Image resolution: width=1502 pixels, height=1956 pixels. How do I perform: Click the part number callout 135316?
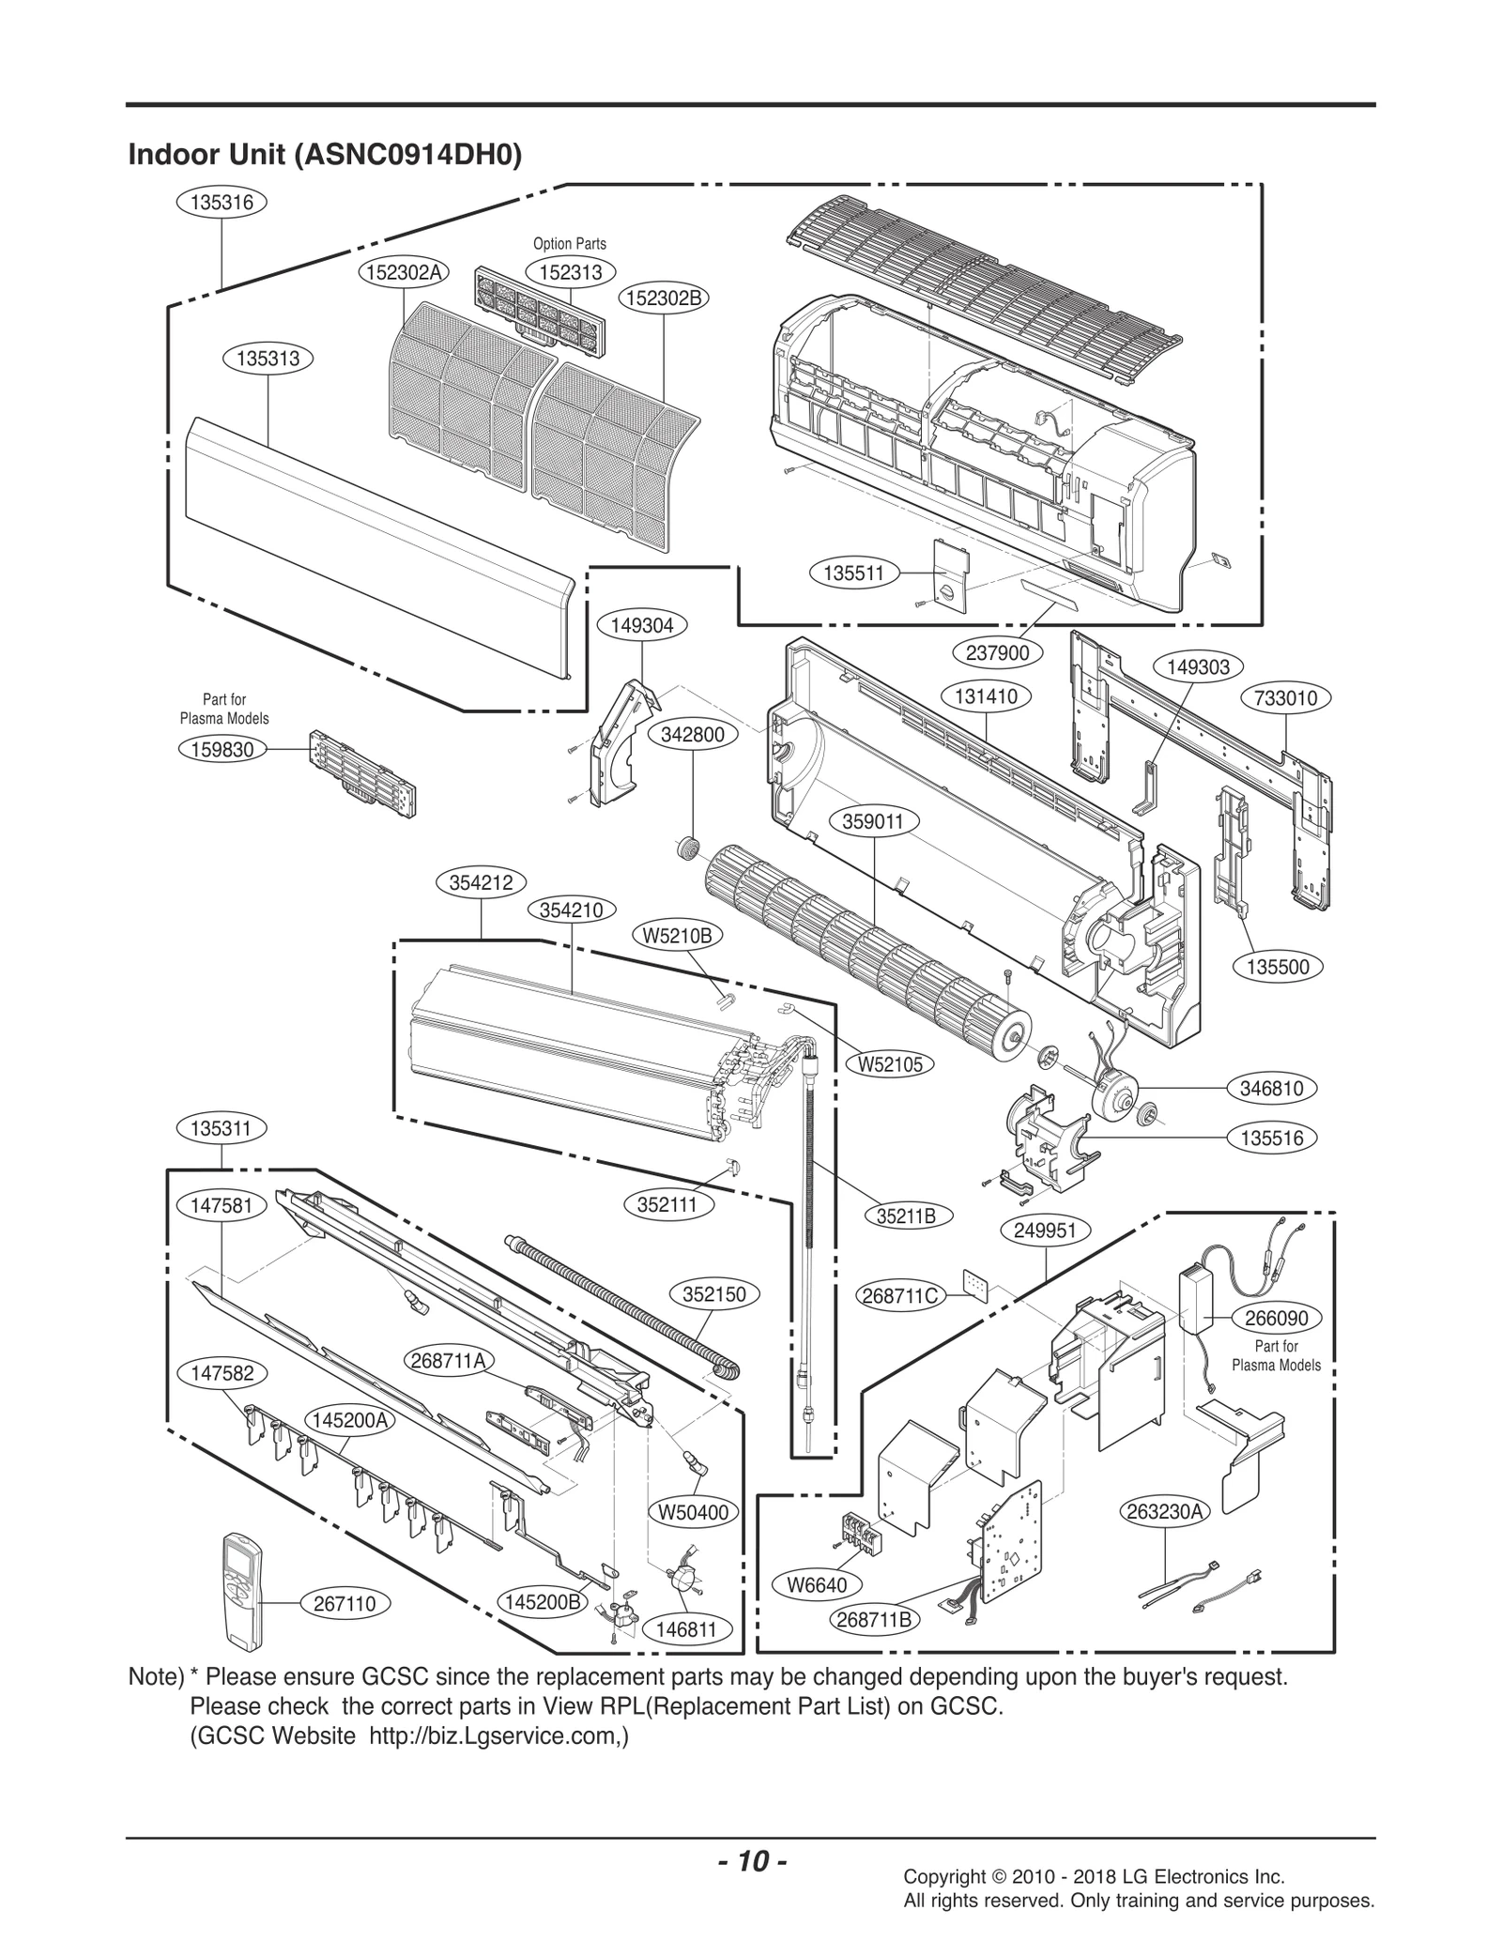[x=222, y=202]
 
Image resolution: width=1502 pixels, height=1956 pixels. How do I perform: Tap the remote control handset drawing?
[x=244, y=1589]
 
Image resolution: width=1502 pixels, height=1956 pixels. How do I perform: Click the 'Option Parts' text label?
[x=570, y=244]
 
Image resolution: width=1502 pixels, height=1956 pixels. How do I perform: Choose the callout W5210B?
[x=677, y=936]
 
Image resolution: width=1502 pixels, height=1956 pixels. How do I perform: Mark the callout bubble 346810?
[x=1271, y=1089]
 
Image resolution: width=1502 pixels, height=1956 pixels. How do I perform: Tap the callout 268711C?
[x=899, y=1296]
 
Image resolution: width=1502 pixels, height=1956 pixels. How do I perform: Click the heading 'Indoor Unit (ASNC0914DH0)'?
[x=324, y=154]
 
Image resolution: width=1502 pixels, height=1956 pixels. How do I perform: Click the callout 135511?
[x=853, y=573]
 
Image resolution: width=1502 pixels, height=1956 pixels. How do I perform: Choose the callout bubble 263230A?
[x=1166, y=1511]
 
